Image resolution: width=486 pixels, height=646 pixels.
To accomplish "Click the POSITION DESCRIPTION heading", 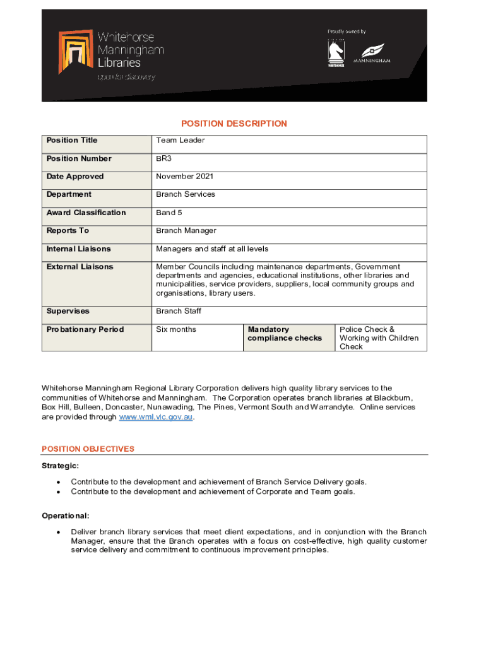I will point(234,124).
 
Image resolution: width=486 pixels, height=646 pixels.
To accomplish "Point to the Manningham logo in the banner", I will point(372,53).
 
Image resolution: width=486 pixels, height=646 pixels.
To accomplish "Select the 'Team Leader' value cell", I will point(181,140).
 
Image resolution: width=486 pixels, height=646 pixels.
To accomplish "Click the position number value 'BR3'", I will point(163,158).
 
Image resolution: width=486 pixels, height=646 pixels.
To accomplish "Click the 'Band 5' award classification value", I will point(169,213).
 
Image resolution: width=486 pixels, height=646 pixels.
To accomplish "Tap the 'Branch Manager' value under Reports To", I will point(186,231).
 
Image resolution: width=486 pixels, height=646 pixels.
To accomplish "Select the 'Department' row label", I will point(69,194).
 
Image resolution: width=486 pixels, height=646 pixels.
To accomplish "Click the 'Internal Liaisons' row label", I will point(78,249).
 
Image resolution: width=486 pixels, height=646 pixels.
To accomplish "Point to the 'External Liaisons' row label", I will point(80,267).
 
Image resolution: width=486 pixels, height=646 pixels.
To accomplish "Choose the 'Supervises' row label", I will point(68,311).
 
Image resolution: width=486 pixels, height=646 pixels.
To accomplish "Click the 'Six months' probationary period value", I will point(176,329).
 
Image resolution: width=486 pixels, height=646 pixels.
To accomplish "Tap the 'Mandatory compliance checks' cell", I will point(285,334).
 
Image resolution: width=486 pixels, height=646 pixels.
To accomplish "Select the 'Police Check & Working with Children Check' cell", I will point(379,338).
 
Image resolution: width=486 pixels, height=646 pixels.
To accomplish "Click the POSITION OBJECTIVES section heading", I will point(88,449).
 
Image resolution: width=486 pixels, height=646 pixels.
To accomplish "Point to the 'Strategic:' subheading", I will point(60,466).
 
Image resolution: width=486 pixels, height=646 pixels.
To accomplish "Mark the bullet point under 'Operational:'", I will point(59,532).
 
